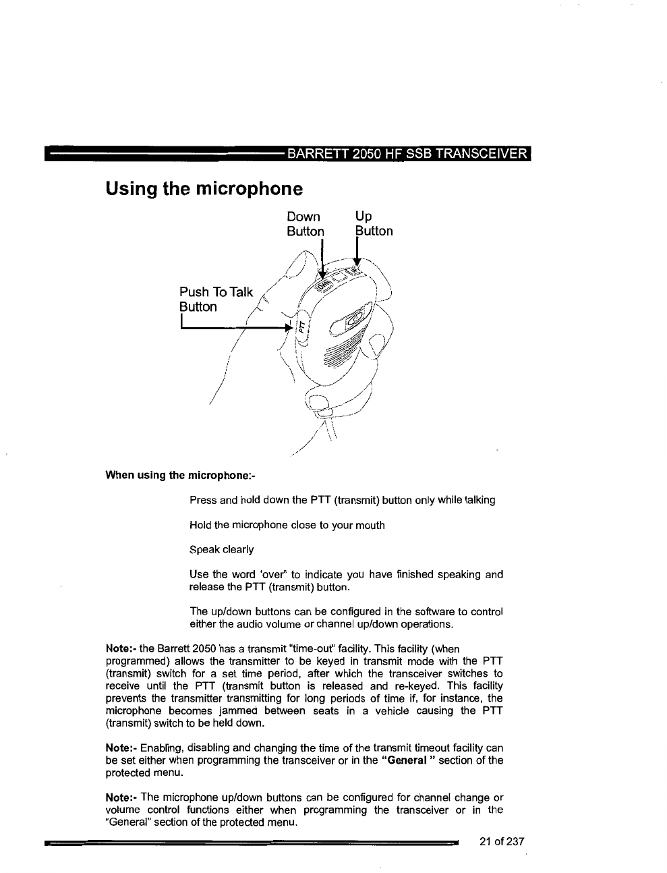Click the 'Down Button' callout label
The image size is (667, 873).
click(x=305, y=224)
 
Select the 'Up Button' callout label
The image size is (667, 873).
click(x=374, y=224)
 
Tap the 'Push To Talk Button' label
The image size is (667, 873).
click(x=216, y=300)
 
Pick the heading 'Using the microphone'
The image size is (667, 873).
click(x=204, y=188)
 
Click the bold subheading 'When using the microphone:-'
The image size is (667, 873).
click(x=180, y=475)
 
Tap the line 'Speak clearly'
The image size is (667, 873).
click(x=221, y=549)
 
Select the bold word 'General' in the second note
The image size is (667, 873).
click(x=407, y=760)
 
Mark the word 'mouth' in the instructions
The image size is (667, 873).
click(x=370, y=525)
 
